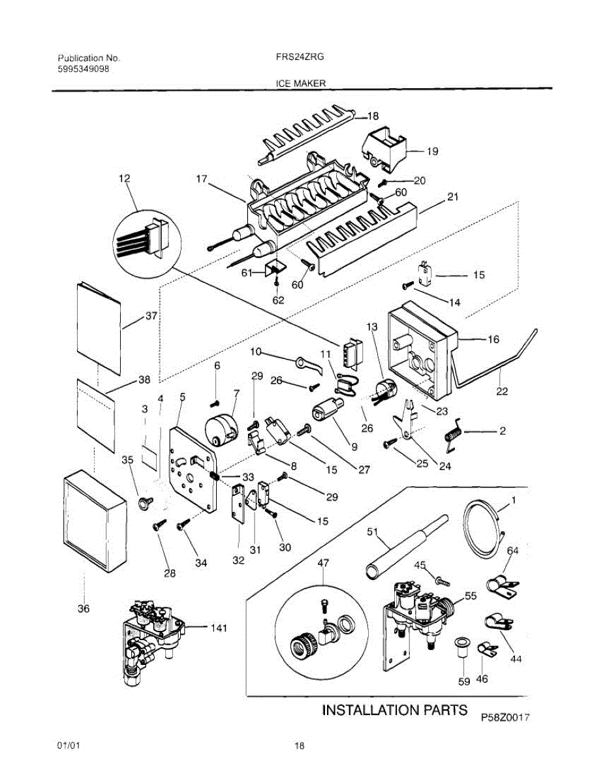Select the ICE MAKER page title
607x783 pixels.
tap(301, 84)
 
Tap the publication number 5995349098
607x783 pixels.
tap(84, 69)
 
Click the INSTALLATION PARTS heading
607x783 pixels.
tap(395, 710)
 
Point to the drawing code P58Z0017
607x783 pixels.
tap(505, 717)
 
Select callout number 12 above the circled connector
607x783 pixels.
tap(125, 178)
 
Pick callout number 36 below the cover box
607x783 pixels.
tap(84, 609)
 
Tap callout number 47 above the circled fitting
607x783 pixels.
tap(323, 562)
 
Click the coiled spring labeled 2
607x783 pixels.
tap(453, 435)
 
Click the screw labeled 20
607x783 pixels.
tap(382, 184)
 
